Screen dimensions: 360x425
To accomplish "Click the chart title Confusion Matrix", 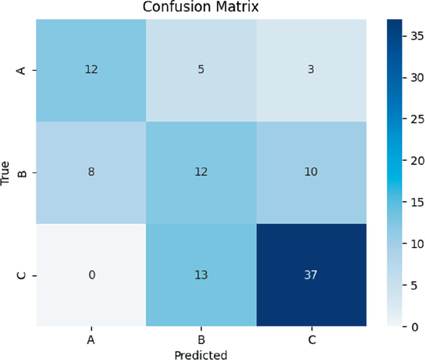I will click(x=200, y=7).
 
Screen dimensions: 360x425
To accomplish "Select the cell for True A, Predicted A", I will click(x=91, y=70).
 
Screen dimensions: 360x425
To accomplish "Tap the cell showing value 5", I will click(x=201, y=70).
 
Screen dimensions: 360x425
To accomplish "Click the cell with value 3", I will click(x=311, y=70).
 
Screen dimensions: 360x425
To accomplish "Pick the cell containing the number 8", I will click(x=91, y=172).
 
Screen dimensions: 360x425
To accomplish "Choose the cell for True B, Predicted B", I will click(x=201, y=172).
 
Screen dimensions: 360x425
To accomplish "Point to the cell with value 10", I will click(x=311, y=172).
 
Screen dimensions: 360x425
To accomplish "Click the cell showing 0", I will click(x=91, y=274).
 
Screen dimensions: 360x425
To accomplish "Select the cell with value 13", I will click(x=201, y=274).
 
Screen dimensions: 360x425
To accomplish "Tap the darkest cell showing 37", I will click(x=311, y=274).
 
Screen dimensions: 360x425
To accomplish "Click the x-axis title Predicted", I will click(x=200, y=354).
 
